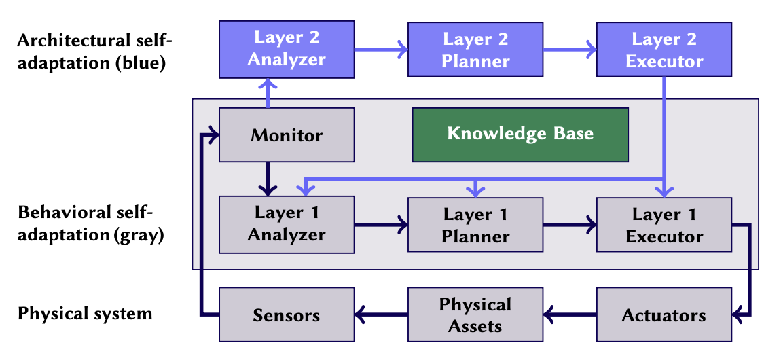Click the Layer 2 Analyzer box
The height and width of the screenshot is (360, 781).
286,49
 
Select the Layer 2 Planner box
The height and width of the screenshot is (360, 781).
475,49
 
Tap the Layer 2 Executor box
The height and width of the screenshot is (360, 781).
664,49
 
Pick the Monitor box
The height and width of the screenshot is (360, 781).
286,134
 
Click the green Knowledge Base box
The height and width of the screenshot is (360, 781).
520,134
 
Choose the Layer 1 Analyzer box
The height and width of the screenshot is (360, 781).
286,223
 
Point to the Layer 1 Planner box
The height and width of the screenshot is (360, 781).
475,225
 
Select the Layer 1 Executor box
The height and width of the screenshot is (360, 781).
664,225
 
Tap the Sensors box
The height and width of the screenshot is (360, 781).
286,314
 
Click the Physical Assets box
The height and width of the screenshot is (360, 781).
475,314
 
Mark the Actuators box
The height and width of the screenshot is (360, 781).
664,314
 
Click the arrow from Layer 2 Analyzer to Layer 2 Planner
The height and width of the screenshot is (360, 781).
380,49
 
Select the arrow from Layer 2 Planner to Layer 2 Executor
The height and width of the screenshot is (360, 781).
569,49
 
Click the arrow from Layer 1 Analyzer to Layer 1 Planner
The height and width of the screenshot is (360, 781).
380,223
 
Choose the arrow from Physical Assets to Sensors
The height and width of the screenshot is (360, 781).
380,314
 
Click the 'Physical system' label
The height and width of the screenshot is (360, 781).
85,314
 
